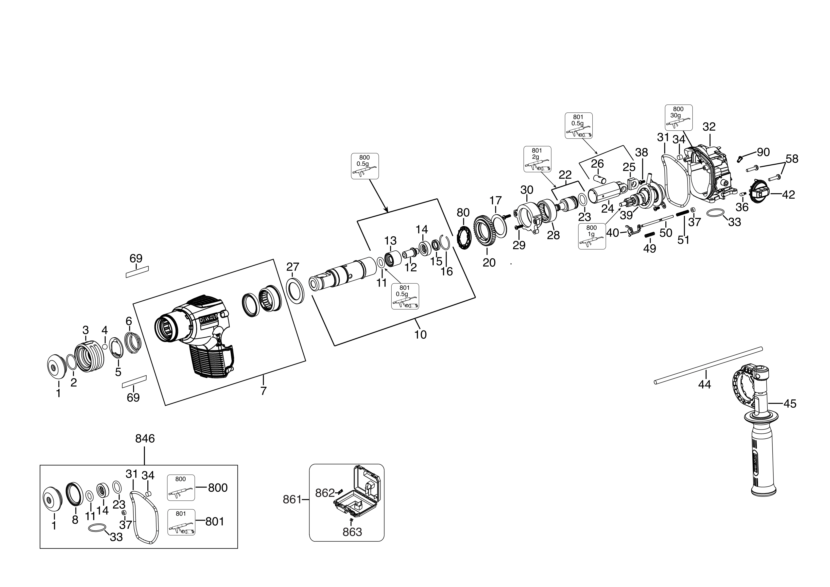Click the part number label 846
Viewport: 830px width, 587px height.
pos(145,439)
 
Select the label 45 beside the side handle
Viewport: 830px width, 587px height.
pos(790,404)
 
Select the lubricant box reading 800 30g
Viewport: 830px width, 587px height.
pos(678,118)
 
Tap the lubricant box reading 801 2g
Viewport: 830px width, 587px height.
pos(537,159)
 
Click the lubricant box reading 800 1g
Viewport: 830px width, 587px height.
pos(591,236)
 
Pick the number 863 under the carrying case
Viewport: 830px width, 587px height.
pos(352,532)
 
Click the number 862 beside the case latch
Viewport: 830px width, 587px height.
pos(325,493)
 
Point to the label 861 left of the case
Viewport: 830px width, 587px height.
pos(292,500)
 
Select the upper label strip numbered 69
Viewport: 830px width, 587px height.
pos(137,272)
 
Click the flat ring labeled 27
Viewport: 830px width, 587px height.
pos(295,291)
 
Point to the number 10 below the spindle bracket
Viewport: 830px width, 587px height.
pos(420,335)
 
